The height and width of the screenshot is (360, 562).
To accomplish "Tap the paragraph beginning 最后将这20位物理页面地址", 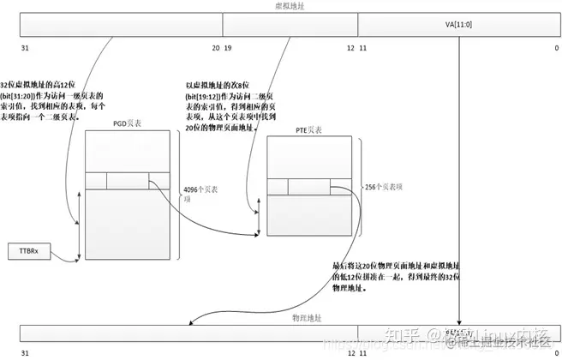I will (385, 278).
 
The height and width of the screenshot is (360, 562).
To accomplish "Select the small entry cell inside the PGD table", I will (128, 180).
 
